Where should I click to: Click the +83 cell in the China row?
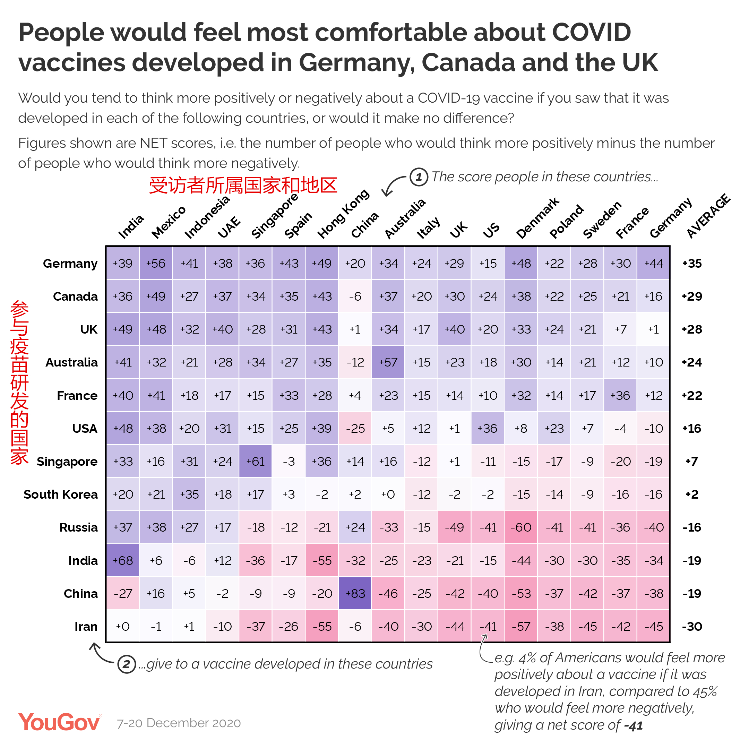pos(355,593)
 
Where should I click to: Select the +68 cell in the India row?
pos(122,560)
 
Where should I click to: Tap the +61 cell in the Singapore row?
pos(256,461)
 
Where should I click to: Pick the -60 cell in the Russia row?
pos(521,527)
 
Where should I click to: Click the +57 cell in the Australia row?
pos(388,362)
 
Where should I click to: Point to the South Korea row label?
pos(61,494)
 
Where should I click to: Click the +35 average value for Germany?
pos(692,264)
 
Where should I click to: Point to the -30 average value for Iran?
pos(692,627)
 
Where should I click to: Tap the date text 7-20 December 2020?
pos(179,723)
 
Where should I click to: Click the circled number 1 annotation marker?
pos(419,177)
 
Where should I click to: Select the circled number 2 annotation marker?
pos(127,664)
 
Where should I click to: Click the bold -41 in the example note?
pos(633,725)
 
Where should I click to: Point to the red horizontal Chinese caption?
pos(243,186)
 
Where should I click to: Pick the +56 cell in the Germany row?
pos(156,264)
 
